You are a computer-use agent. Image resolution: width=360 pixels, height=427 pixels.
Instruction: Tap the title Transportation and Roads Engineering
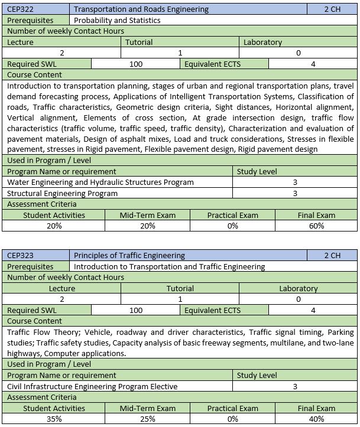[141, 9]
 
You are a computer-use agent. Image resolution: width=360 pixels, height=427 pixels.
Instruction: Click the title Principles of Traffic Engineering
[129, 256]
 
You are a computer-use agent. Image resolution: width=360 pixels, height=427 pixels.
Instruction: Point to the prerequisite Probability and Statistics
[117, 20]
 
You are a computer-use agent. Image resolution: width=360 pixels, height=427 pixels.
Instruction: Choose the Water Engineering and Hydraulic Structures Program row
[100, 182]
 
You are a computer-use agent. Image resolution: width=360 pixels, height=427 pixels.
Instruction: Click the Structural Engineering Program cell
[62, 193]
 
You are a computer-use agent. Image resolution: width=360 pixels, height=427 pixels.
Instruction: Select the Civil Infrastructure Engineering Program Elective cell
[92, 386]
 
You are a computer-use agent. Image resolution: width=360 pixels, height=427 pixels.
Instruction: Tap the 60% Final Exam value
[316, 226]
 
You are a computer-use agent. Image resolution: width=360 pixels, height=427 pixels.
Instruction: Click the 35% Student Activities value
[54, 419]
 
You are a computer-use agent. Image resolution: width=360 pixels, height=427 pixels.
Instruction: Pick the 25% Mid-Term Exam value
[147, 419]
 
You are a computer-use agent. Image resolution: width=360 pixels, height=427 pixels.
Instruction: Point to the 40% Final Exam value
[316, 419]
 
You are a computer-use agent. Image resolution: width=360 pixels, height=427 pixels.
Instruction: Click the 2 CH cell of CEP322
[332, 9]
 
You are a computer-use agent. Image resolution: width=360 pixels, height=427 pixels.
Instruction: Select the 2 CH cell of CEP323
[332, 256]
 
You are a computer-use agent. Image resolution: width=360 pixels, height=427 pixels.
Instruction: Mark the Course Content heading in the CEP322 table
[34, 75]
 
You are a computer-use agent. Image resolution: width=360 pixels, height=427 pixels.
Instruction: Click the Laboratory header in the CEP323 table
[298, 289]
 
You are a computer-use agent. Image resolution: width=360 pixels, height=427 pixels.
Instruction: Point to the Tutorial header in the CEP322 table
[139, 43]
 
